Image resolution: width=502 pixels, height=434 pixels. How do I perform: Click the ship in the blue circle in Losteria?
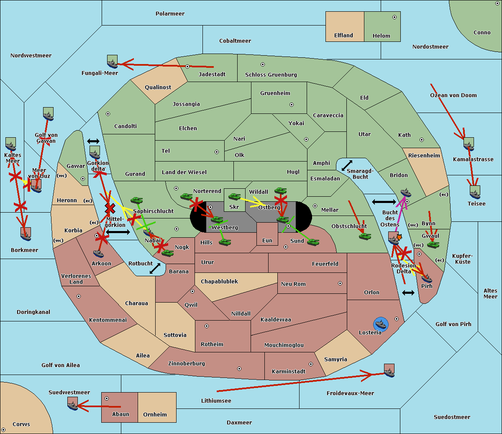381,324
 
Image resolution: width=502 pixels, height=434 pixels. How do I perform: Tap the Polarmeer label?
170,14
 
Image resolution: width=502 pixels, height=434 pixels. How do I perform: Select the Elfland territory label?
343,36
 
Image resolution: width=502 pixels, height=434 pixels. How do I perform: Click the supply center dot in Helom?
394,17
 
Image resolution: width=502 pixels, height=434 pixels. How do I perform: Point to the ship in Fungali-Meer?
113,63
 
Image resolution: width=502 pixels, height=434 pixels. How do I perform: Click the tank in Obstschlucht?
365,236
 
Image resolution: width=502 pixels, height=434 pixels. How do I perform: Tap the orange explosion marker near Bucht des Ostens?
399,237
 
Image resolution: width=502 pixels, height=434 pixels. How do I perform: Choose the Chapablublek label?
219,281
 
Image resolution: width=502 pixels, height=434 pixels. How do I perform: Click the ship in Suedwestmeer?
73,405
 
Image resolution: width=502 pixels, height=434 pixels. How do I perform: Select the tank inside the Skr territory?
234,196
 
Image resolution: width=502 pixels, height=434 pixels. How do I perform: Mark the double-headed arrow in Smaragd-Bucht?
347,165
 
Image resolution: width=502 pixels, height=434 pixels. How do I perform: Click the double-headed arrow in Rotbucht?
155,268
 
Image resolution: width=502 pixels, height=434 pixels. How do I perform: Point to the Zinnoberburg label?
187,364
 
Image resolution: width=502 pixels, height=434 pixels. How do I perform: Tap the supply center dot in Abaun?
107,398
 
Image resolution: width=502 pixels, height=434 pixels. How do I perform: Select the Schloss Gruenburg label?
271,75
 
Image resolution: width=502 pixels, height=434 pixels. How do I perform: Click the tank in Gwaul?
433,245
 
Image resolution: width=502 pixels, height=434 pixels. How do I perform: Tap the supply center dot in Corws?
3,430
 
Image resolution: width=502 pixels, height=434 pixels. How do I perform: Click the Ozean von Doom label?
453,95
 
